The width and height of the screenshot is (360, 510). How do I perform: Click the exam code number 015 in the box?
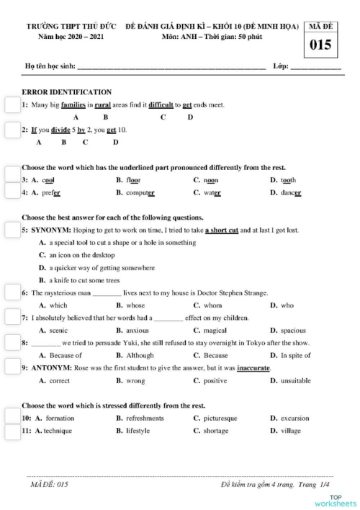(320, 45)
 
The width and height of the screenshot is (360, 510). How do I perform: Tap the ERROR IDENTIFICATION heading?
(67, 92)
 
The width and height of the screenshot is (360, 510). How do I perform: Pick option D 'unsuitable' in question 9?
(295, 380)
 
